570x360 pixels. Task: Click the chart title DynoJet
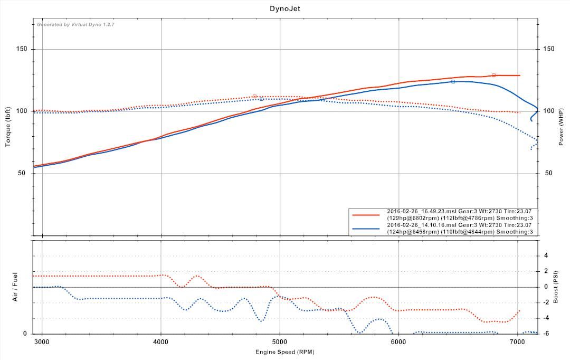point(284,8)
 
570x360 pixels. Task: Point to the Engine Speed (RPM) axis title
point(284,352)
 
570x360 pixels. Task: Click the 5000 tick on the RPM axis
point(280,342)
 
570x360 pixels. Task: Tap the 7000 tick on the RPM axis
point(517,342)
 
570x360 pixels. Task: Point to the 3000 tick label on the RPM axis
point(42,342)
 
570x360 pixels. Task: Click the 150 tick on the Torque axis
point(22,49)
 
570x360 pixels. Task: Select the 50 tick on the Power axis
point(548,173)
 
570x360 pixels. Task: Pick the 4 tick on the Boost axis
point(546,255)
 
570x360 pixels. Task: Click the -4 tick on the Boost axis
point(546,318)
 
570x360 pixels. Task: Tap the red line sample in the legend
point(366,215)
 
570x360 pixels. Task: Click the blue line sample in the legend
point(366,229)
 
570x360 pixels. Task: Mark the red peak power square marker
point(493,75)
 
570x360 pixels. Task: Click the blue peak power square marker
point(453,81)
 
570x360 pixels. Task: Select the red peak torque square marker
point(254,97)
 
